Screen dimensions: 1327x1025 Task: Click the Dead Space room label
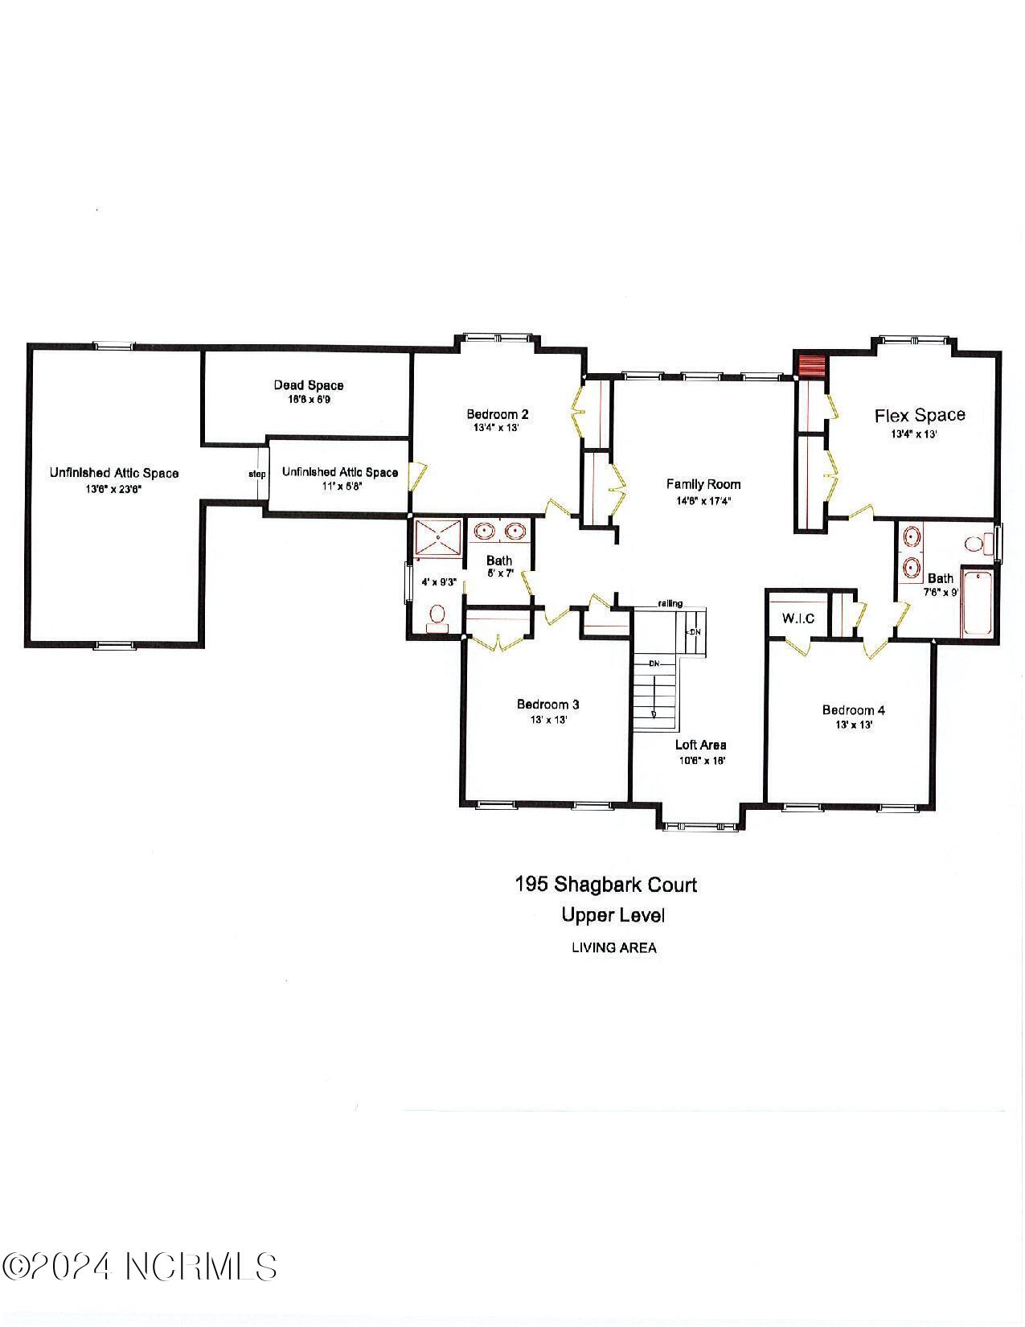(x=309, y=385)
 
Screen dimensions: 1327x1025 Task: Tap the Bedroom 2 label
(x=498, y=414)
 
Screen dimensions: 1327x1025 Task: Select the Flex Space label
(x=920, y=415)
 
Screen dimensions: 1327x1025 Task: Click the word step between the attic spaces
(x=257, y=474)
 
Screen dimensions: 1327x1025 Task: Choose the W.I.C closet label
(x=797, y=618)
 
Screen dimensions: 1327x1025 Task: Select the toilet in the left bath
(x=437, y=616)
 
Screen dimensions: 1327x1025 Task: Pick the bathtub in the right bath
(x=978, y=603)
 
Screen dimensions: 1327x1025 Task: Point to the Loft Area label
(x=701, y=745)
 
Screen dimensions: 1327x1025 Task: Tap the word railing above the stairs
(x=670, y=603)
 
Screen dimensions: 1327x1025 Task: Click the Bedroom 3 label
(x=548, y=705)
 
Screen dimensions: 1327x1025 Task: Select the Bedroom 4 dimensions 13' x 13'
(x=854, y=725)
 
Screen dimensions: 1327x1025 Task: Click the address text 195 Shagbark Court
(x=605, y=885)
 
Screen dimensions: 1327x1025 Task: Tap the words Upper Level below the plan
(x=613, y=915)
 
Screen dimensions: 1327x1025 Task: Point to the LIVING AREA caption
(x=613, y=947)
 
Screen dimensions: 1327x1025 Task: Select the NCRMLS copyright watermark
(x=140, y=1267)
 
